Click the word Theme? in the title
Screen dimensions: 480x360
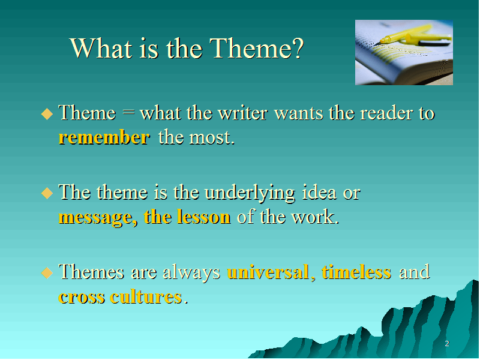pyautogui.click(x=257, y=49)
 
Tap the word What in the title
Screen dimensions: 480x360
pyautogui.click(x=101, y=49)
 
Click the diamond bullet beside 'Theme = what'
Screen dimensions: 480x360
pyautogui.click(x=47, y=114)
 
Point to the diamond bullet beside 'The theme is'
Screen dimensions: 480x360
pyautogui.click(x=47, y=193)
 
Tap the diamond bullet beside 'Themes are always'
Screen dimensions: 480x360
pyautogui.click(x=47, y=272)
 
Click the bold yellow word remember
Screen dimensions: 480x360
pyautogui.click(x=104, y=137)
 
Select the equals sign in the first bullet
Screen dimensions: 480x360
pyautogui.click(x=128, y=112)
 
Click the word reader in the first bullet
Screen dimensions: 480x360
pyautogui.click(x=386, y=113)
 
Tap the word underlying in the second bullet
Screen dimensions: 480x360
pyautogui.click(x=250, y=193)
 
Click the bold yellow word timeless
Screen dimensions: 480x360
pyautogui.click(x=356, y=272)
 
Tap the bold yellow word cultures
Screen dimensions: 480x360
pyautogui.click(x=146, y=296)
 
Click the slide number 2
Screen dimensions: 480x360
pyautogui.click(x=447, y=344)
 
